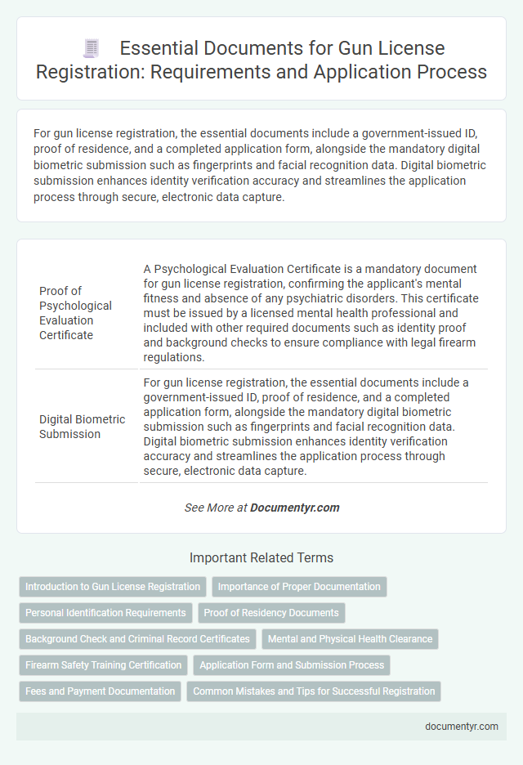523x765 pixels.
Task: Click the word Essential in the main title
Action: click(x=163, y=47)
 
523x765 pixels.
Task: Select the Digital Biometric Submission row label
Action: click(x=82, y=427)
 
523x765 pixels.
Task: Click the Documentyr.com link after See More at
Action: click(x=294, y=508)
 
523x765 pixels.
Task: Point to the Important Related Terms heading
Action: click(x=261, y=558)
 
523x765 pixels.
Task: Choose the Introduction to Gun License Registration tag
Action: click(x=113, y=587)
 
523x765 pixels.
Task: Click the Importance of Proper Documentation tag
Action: click(x=299, y=587)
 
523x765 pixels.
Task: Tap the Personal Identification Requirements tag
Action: click(x=105, y=613)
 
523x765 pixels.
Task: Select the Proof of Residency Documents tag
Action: click(x=271, y=613)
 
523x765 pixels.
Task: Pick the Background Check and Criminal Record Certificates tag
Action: click(x=137, y=639)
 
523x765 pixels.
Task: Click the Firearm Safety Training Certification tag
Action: click(x=104, y=665)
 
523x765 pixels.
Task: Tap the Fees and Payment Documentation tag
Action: click(x=100, y=691)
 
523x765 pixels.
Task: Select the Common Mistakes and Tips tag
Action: click(x=314, y=691)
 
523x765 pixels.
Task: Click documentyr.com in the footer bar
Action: click(x=463, y=727)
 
